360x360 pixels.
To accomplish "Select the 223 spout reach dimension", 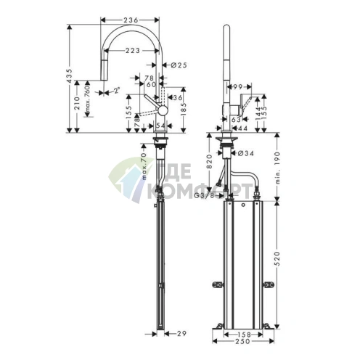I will [x=134, y=51].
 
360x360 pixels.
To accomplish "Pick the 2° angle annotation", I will [x=115, y=91].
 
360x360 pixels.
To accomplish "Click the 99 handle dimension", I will [x=237, y=87].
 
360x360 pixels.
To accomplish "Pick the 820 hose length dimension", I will [x=209, y=162].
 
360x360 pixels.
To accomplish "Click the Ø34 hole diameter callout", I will [x=247, y=152].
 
